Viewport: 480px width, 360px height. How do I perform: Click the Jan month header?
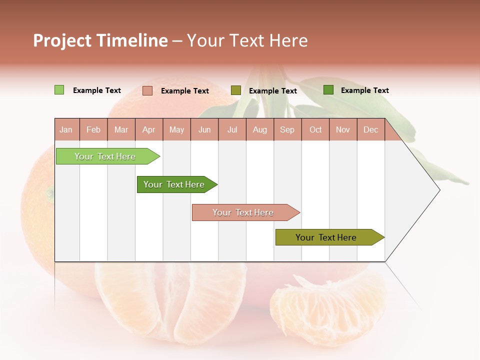[66, 129]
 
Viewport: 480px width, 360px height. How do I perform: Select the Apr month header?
[149, 129]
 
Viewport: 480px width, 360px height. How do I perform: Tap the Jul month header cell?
[232, 129]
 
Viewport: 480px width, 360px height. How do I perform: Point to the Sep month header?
[287, 129]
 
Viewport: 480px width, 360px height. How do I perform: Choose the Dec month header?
[370, 129]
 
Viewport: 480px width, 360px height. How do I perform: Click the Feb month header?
[93, 129]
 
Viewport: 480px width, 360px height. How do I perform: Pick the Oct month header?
[315, 129]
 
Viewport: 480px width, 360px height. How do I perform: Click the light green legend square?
[59, 90]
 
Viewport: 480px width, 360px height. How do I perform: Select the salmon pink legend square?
[147, 90]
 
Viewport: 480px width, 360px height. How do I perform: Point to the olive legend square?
[236, 90]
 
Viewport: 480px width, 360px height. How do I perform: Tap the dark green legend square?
[328, 90]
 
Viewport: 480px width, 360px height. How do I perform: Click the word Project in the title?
[62, 40]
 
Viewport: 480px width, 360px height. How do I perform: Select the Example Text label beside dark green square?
[364, 90]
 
